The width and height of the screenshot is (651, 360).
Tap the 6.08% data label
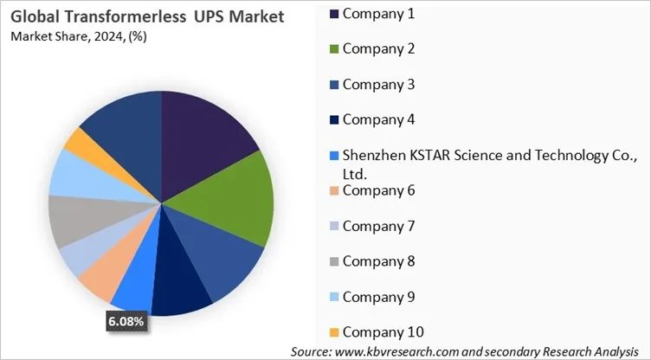(126, 322)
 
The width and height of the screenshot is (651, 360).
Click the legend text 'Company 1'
(378, 13)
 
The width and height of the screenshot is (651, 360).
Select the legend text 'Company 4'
(378, 119)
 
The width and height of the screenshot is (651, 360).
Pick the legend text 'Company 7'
(378, 225)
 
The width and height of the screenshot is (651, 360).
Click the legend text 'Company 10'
(383, 331)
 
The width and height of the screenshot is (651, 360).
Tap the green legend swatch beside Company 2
(334, 48)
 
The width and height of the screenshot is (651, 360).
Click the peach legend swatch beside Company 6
(334, 190)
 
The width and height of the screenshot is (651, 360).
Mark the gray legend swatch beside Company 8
(334, 261)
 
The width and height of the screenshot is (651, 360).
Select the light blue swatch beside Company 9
(334, 297)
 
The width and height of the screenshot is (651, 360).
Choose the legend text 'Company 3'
(378, 84)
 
